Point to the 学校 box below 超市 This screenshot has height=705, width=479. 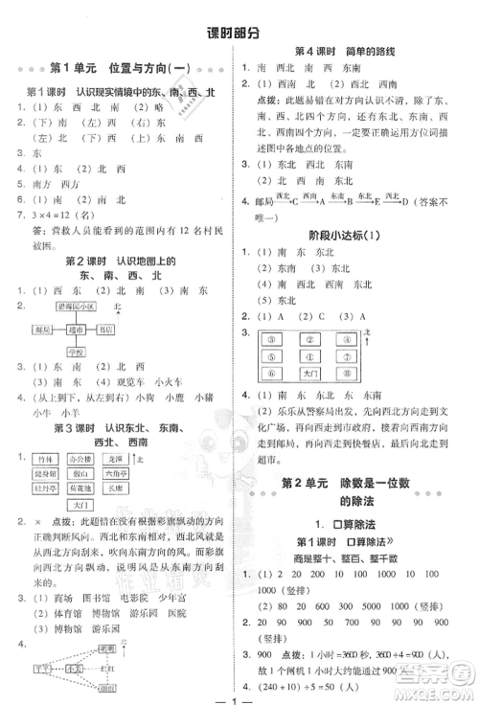[x=76, y=351]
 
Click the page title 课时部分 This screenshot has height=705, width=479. [x=239, y=33]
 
